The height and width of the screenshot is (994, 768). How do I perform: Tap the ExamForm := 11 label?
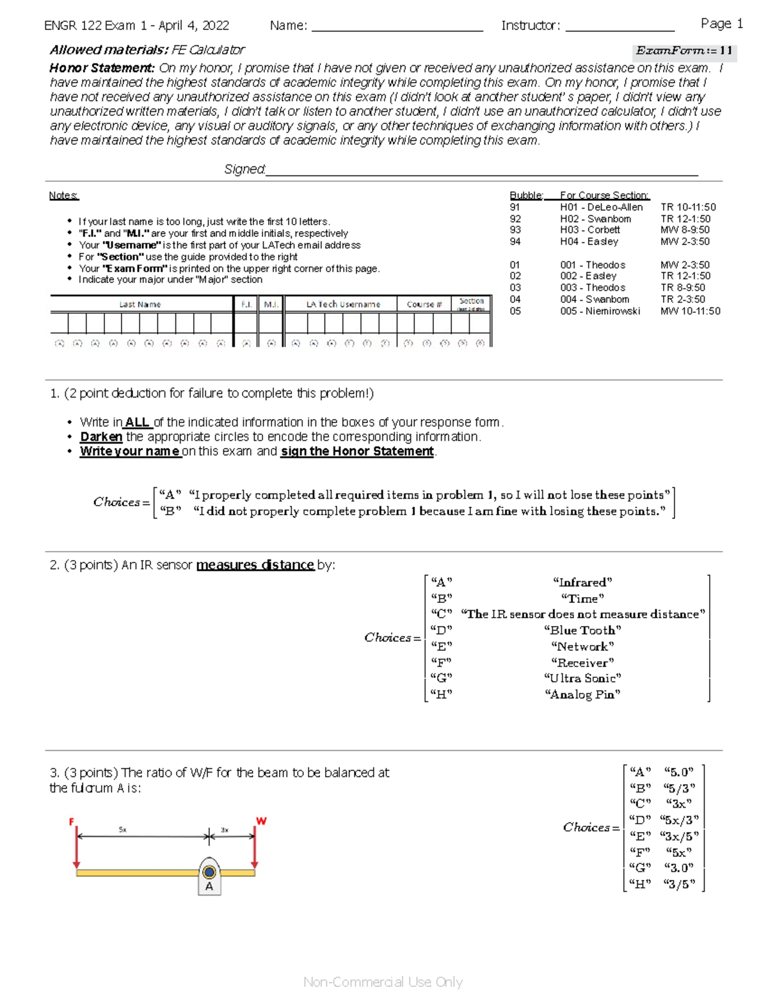tap(684, 51)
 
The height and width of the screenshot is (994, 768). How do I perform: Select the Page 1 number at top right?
tap(721, 24)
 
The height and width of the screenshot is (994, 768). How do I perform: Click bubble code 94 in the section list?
tap(515, 241)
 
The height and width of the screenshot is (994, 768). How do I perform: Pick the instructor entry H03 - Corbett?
tap(589, 230)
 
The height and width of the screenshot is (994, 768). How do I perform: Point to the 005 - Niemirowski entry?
tap(600, 311)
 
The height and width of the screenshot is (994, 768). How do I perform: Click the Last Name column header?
tap(140, 304)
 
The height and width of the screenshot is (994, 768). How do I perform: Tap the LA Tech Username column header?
tap(343, 304)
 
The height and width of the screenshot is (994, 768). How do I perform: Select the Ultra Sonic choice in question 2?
tap(582, 678)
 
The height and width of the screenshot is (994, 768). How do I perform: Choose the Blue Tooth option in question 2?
tap(582, 630)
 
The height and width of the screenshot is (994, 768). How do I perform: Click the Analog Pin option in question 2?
tap(582, 694)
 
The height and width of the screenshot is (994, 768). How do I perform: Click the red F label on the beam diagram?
tap(72, 821)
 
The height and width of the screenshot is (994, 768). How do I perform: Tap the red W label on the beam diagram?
tap(261, 821)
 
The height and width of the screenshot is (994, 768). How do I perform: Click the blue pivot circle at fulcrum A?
tap(209, 872)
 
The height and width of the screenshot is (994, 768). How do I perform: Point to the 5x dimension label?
tap(122, 830)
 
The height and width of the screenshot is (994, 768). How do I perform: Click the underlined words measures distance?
tap(255, 565)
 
